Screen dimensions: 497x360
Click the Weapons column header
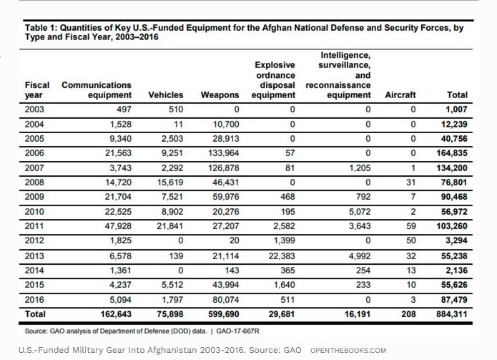220,95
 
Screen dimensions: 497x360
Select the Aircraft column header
400,95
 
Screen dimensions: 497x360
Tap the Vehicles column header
166,95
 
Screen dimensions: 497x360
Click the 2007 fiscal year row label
34,167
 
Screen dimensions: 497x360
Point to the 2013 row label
34,256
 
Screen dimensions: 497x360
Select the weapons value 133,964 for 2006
224,153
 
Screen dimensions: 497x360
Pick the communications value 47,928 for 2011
118,226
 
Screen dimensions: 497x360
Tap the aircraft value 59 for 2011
411,226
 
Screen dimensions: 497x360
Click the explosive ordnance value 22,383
282,256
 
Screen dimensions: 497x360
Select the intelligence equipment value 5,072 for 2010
360,212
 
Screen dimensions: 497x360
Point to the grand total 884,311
452,314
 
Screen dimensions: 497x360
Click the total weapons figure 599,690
224,314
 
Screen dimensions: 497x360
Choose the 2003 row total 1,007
456,110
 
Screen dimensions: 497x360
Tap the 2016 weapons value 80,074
226,300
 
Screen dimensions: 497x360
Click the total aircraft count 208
408,314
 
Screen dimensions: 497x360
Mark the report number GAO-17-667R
237,331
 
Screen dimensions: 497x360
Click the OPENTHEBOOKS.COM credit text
348,351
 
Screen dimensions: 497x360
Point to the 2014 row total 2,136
456,271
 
